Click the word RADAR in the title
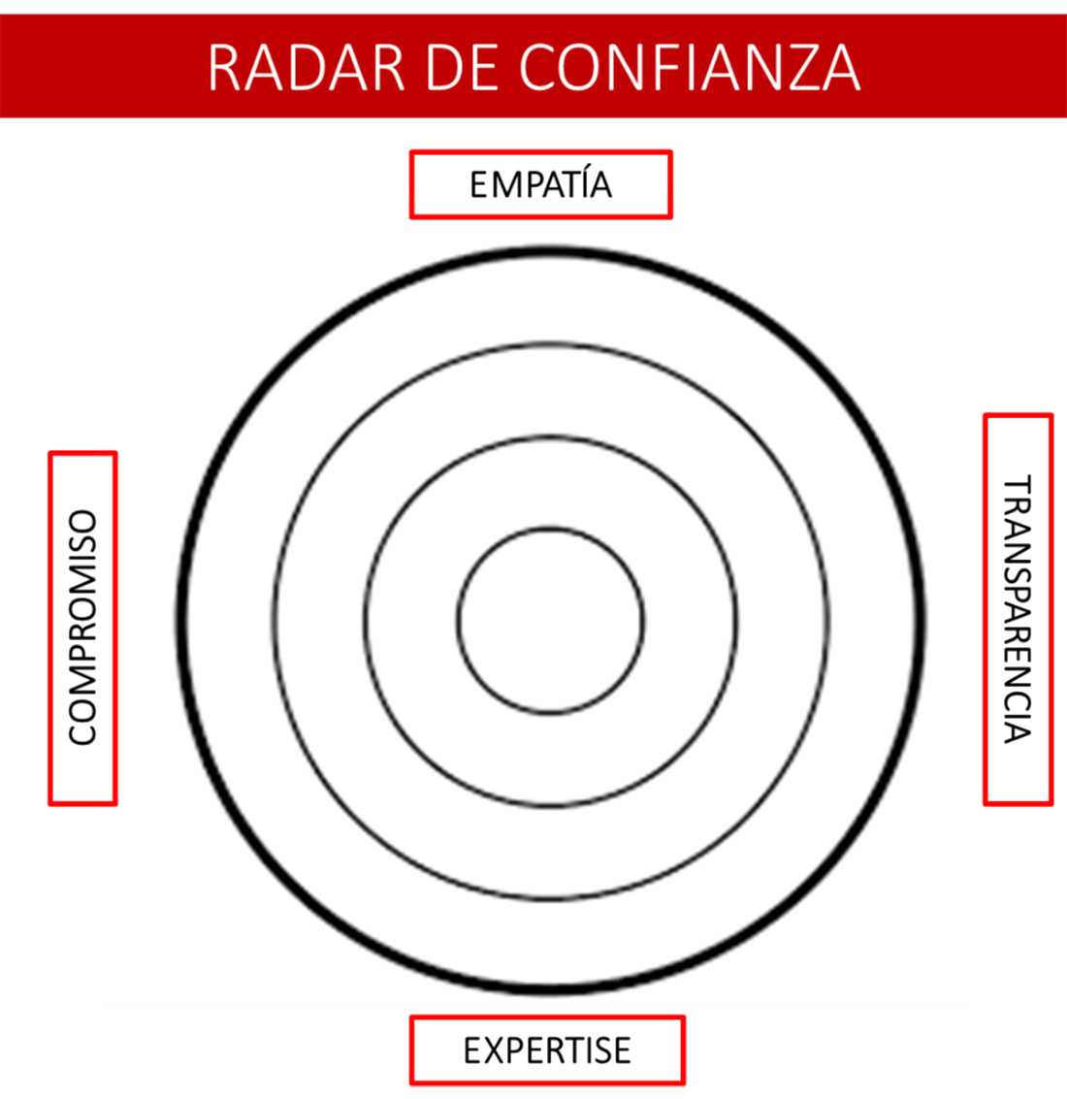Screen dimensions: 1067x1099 (x=306, y=68)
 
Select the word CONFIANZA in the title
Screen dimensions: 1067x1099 (x=690, y=68)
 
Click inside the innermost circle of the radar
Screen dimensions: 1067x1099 (x=550, y=620)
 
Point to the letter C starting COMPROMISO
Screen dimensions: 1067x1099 (x=82, y=731)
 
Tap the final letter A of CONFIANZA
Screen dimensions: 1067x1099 (x=838, y=68)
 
